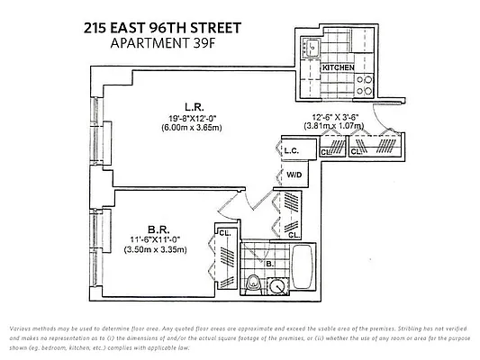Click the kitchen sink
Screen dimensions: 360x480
[x=312, y=47]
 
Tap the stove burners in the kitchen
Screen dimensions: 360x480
[x=367, y=84]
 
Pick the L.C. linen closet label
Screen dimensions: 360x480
[x=291, y=150]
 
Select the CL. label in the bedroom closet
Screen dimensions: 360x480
[x=223, y=233]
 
